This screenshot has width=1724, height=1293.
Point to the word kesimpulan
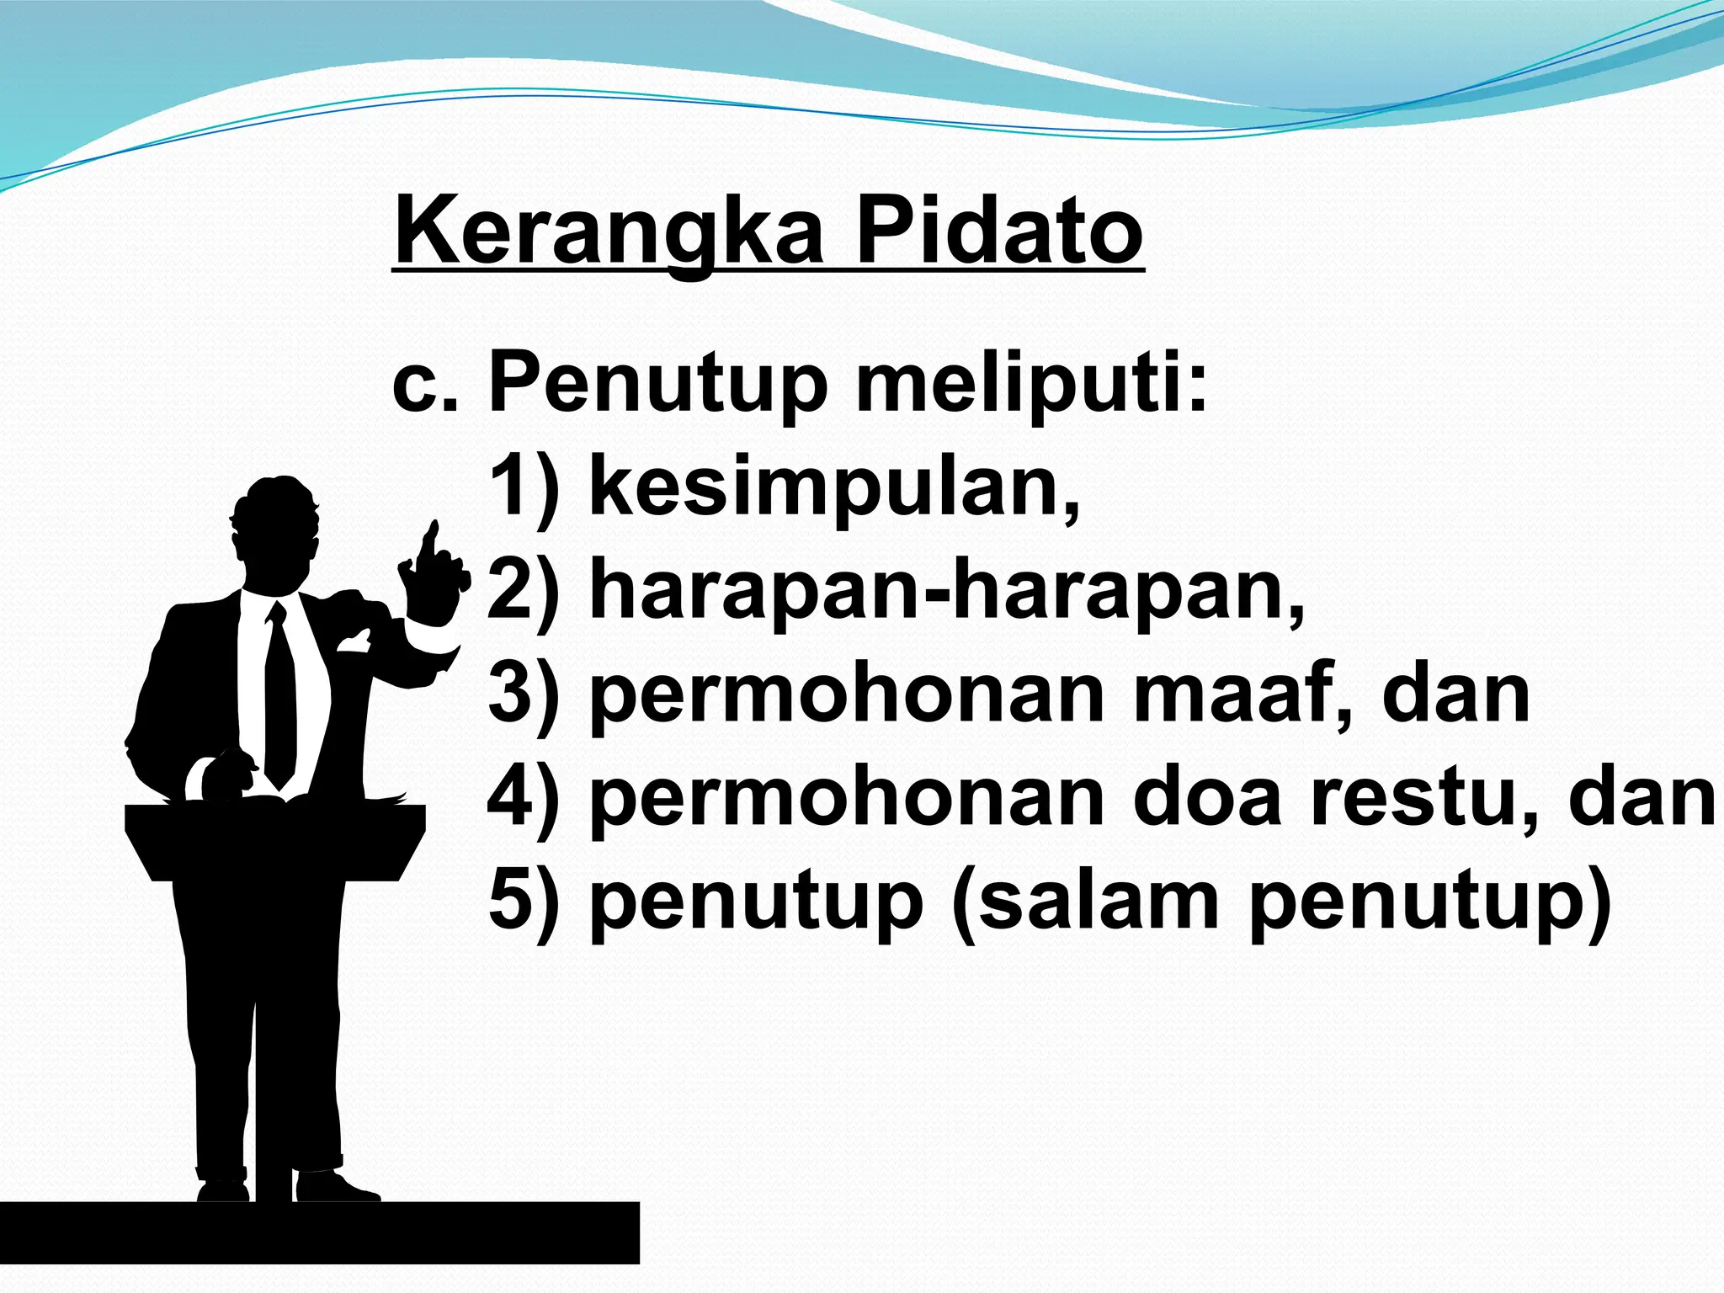click(x=833, y=488)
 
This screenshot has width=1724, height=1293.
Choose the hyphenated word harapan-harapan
click(x=947, y=591)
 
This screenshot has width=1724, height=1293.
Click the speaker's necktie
click(x=279, y=699)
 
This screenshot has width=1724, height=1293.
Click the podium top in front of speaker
click(x=275, y=821)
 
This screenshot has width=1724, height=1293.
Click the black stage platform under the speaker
click(x=320, y=1233)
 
